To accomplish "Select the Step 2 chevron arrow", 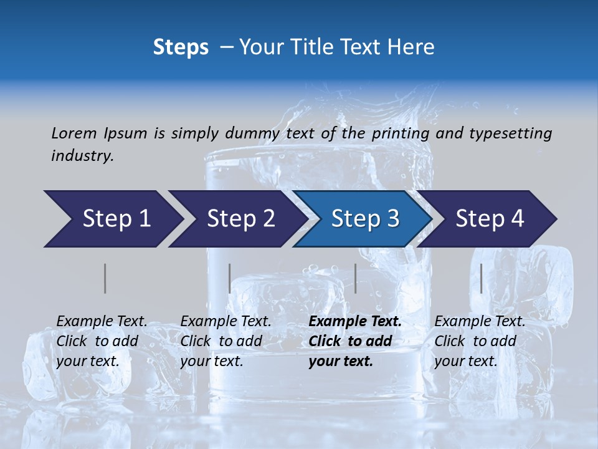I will click(x=240, y=219).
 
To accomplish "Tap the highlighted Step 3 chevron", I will click(x=365, y=219).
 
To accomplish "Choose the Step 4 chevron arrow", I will click(x=490, y=219).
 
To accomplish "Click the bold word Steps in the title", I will click(x=181, y=47).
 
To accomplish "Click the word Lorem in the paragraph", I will click(x=74, y=133).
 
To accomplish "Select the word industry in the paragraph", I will click(x=82, y=156).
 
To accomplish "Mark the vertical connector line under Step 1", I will click(x=105, y=278).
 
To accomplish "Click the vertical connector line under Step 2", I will click(x=230, y=278).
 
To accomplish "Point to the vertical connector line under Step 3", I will click(x=355, y=278).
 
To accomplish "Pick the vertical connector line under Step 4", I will click(x=481, y=278).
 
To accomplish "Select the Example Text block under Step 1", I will click(x=102, y=341).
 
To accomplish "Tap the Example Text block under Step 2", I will click(x=225, y=341).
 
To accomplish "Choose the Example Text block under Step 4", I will click(x=480, y=341).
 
